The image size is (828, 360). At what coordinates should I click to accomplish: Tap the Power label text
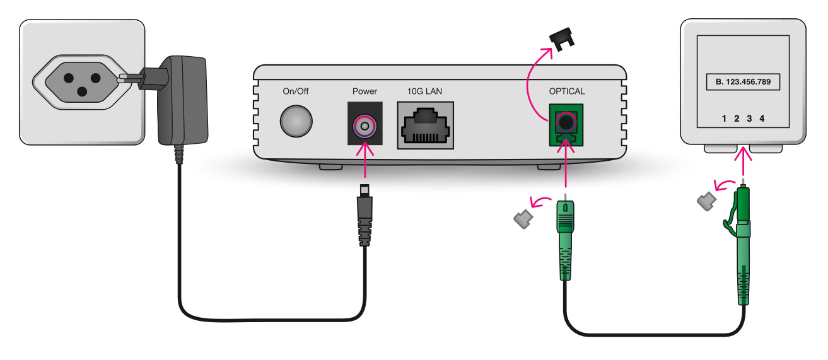[x=364, y=91]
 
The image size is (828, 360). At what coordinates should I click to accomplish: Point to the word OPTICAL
[x=567, y=91]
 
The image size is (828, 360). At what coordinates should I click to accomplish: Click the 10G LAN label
[x=425, y=91]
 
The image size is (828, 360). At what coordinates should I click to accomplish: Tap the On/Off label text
[x=296, y=91]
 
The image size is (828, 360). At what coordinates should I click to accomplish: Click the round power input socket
[x=364, y=127]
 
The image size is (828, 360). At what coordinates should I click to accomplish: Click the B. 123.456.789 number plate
[x=742, y=81]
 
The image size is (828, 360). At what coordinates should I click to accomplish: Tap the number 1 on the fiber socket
[x=724, y=119]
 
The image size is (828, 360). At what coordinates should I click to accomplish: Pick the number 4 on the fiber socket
[x=762, y=119]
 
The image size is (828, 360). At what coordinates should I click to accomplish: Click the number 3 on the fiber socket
[x=749, y=119]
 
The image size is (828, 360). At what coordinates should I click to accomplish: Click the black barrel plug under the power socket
[x=364, y=214]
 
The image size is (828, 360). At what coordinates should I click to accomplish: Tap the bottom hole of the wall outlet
[x=81, y=91]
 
